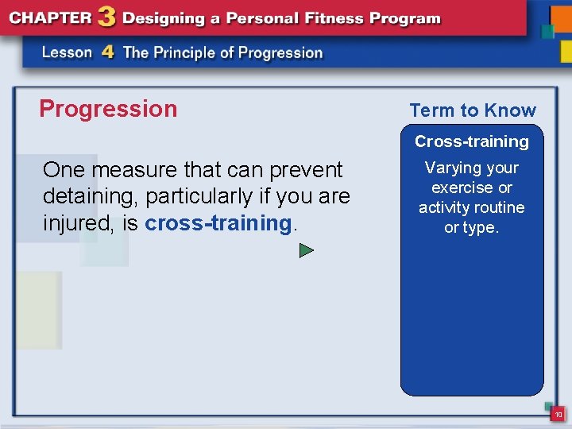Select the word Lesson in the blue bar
pyautogui.click(x=68, y=53)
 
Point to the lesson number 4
pyautogui.click(x=108, y=53)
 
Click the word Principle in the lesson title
pyautogui.click(x=190, y=53)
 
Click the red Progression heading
pyautogui.click(x=108, y=109)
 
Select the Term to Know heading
pyautogui.click(x=473, y=110)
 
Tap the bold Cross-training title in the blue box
pyautogui.click(x=472, y=141)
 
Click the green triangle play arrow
pyautogui.click(x=307, y=251)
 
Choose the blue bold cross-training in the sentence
pyautogui.click(x=218, y=223)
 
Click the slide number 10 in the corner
pyautogui.click(x=558, y=414)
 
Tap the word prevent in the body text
pyautogui.click(x=305, y=170)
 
